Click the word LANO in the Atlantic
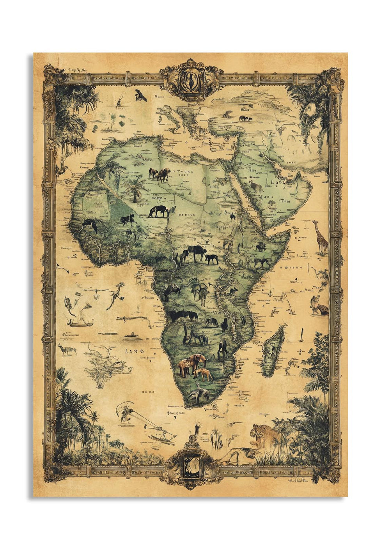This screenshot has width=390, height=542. [x=131, y=351]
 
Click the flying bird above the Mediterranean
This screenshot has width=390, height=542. [x=140, y=95]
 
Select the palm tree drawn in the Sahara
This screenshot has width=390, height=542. [x=135, y=187]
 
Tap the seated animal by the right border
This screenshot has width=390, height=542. [x=318, y=306]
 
